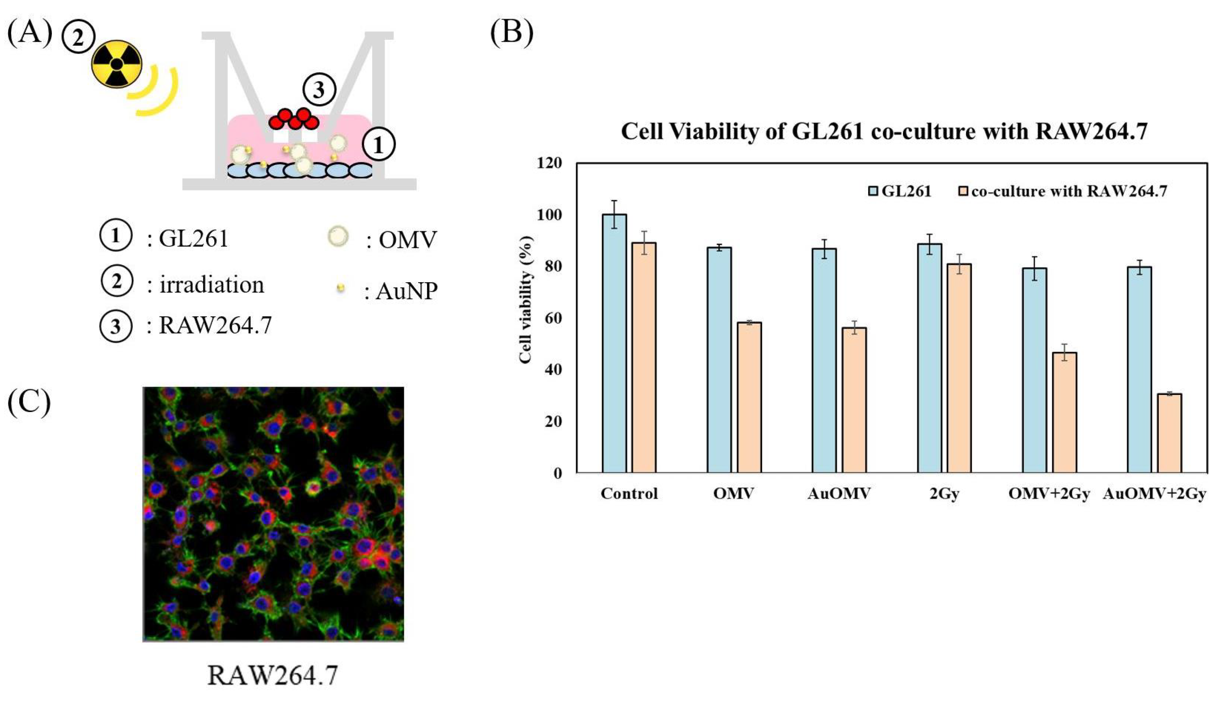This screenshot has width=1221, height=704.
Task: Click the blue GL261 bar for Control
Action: [614, 344]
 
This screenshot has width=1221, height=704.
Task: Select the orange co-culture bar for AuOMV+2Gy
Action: [1169, 433]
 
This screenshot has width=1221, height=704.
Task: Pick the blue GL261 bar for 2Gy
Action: [929, 358]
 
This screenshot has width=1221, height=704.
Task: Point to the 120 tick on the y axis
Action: [550, 163]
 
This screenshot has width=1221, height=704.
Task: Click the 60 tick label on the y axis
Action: [550, 318]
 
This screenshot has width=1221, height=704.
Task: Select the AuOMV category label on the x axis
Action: [839, 494]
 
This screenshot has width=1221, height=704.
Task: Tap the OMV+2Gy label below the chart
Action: [1048, 494]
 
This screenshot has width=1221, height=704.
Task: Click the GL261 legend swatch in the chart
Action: [873, 191]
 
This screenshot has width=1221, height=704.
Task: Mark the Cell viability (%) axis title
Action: [526, 300]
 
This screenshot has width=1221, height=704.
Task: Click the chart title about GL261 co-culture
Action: [884, 131]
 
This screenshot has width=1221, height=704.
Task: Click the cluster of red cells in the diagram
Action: [294, 119]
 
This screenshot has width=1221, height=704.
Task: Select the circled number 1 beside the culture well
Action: [378, 144]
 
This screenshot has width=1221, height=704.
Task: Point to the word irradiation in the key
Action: [212, 285]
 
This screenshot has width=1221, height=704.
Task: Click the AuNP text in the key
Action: [406, 291]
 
